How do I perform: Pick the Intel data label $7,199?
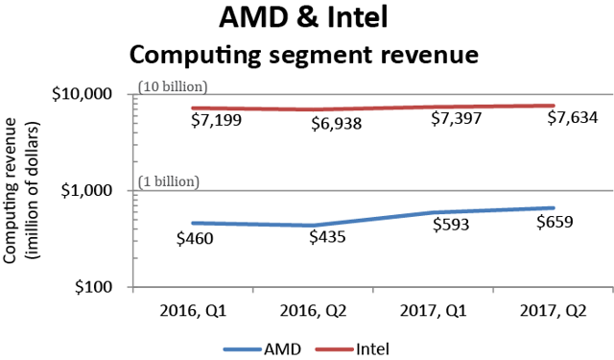[191, 123]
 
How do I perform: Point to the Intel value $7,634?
[573, 118]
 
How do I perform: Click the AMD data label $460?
[193, 237]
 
